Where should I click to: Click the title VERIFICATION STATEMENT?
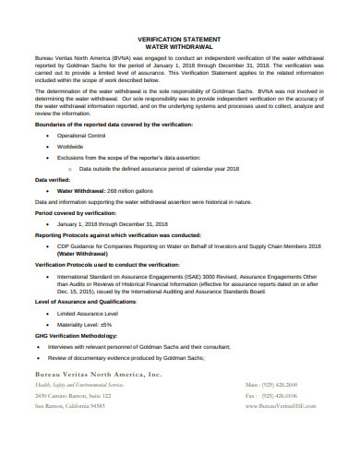coord(180,40)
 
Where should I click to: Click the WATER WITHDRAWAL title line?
coord(180,47)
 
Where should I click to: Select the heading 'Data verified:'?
coord(53,180)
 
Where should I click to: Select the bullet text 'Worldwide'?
coord(71,147)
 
